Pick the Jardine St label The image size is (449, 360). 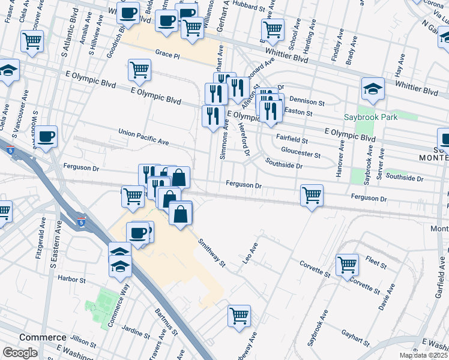[135, 330]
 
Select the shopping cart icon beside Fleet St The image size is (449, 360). [348, 264]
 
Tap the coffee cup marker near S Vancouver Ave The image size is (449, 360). [46, 136]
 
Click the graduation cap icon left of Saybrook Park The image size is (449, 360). [373, 89]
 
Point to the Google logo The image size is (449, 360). [20, 353]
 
